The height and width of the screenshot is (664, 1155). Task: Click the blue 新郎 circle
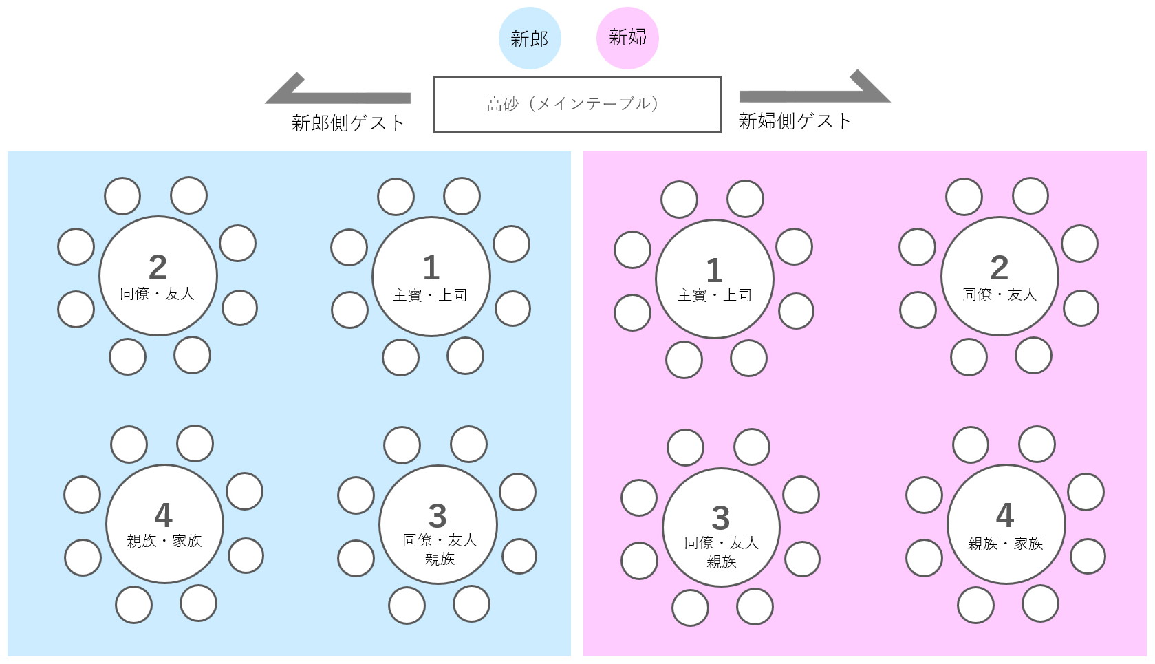tap(529, 39)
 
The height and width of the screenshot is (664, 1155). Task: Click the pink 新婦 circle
tap(627, 37)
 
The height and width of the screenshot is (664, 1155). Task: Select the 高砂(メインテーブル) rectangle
tap(576, 104)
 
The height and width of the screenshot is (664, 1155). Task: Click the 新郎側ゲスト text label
tap(348, 123)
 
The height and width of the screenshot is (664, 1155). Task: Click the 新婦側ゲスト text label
tap(795, 121)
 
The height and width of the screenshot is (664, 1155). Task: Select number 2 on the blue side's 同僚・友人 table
tap(158, 267)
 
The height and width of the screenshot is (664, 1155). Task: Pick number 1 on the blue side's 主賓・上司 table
tap(431, 268)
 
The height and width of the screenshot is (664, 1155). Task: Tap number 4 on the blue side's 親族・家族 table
tap(163, 515)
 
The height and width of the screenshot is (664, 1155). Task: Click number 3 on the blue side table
tap(438, 516)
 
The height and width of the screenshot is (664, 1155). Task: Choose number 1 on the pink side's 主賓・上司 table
tap(714, 270)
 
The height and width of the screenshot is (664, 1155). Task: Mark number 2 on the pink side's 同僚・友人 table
tap(999, 268)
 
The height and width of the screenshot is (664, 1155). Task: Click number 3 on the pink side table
tap(720, 518)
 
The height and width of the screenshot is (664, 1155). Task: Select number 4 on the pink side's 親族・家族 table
tap(1005, 515)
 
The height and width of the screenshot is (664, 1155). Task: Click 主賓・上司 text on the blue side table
tap(430, 296)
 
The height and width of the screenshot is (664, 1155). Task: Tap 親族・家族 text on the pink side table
tap(1005, 544)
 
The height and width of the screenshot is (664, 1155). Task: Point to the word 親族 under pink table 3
tap(721, 561)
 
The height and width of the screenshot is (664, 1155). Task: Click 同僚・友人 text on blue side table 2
tap(157, 294)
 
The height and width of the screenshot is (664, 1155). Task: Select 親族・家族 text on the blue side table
tap(164, 542)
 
